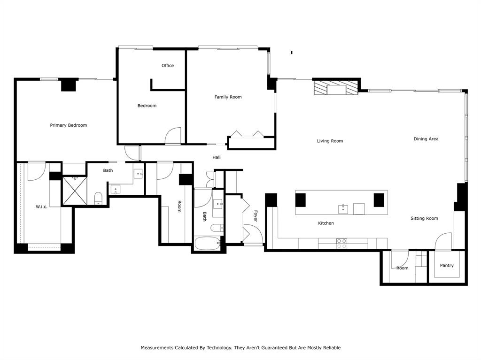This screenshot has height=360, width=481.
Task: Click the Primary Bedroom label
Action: point(69,125)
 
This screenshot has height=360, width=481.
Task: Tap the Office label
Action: point(168,66)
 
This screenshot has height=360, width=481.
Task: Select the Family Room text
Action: point(228,97)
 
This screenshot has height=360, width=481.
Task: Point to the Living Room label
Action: point(330,141)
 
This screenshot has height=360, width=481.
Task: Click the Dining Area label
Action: point(426,139)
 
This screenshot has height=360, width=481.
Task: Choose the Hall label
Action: point(217,158)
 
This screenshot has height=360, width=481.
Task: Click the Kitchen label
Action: point(326,223)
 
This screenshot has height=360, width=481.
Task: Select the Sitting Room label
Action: point(424,218)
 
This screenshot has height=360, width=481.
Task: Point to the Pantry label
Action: point(447,266)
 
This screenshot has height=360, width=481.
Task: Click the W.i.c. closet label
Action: point(41,207)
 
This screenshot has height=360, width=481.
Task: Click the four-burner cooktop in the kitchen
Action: point(341,243)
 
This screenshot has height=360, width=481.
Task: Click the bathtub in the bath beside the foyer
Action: point(207,244)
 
